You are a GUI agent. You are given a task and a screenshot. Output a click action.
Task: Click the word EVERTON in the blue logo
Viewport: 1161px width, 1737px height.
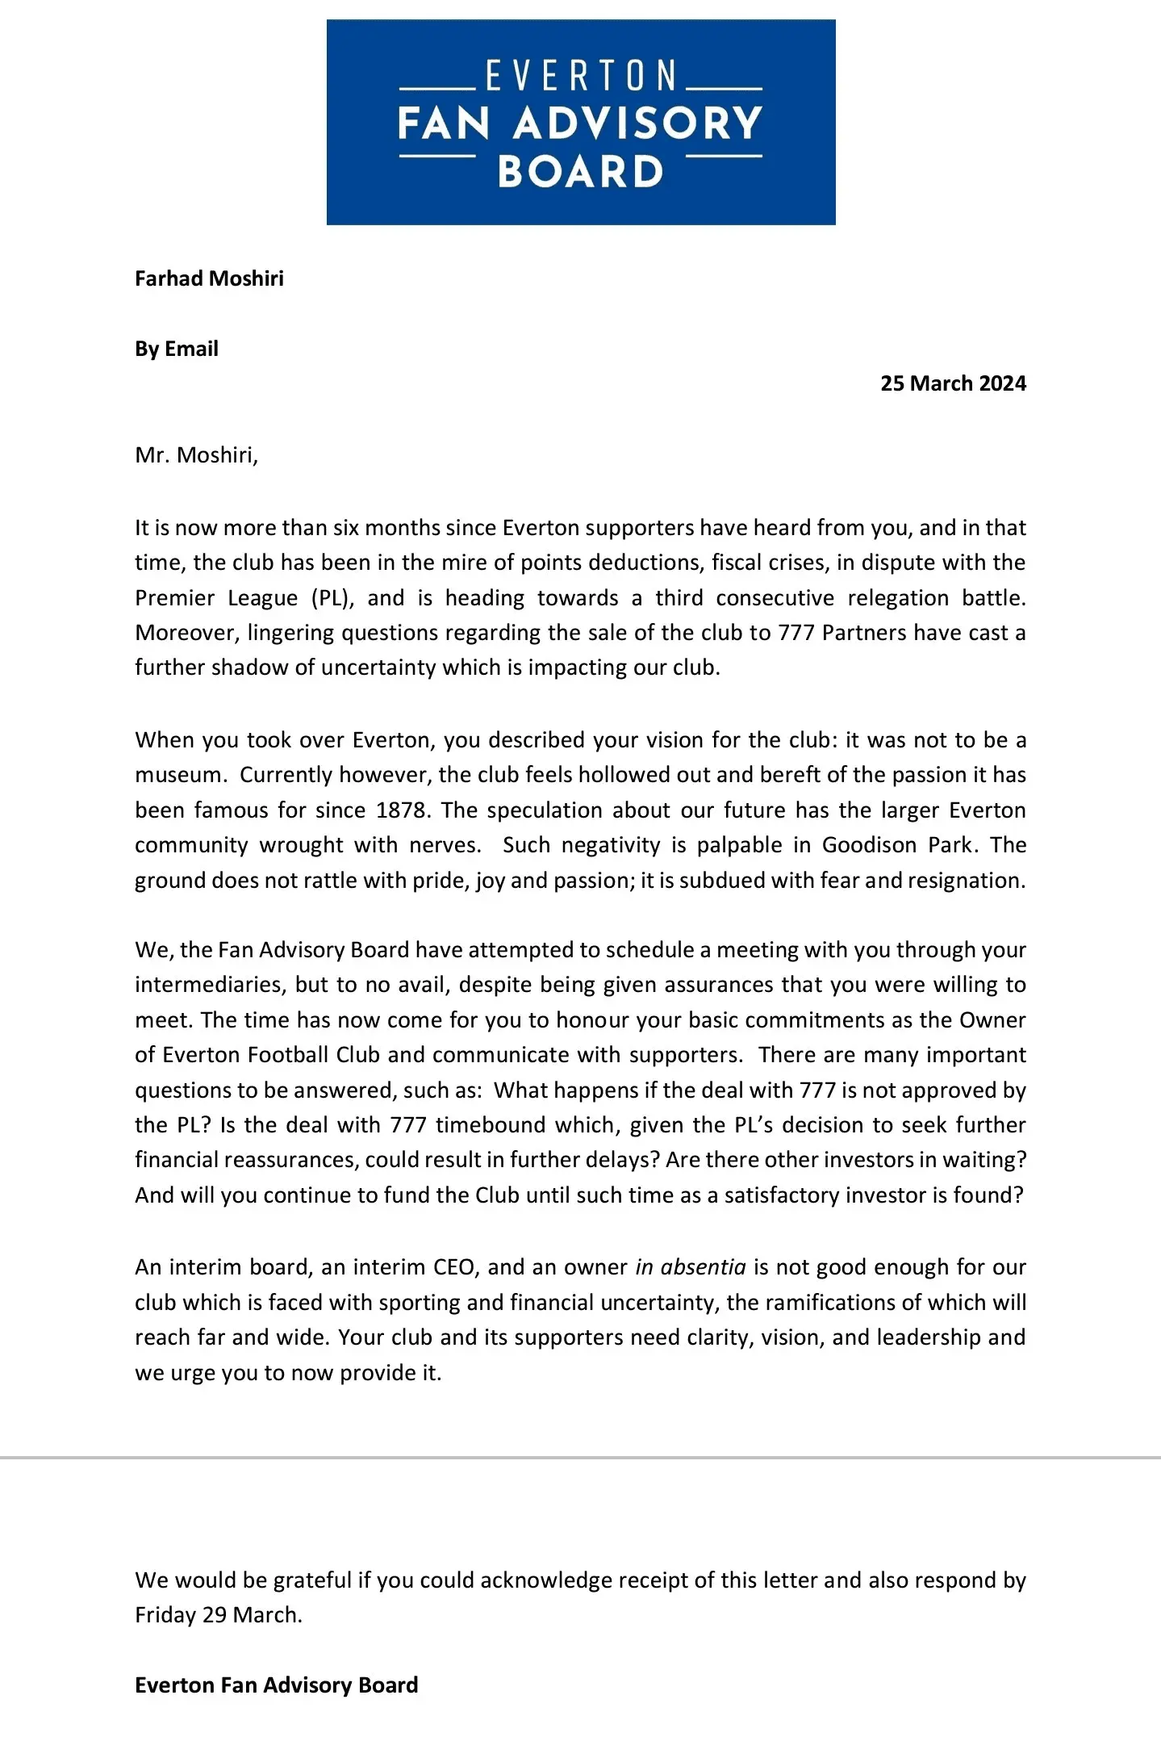click(x=581, y=76)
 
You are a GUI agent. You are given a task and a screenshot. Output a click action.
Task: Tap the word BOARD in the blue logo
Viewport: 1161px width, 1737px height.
click(x=581, y=172)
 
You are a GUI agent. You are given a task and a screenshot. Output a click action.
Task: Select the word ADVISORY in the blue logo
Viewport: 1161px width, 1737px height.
click(x=637, y=123)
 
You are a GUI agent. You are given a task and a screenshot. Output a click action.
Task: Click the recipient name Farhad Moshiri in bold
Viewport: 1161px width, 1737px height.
click(x=209, y=278)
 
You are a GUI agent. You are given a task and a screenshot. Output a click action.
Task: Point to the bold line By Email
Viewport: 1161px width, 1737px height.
click(x=177, y=349)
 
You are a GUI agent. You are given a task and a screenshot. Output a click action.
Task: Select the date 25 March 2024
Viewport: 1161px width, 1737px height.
click(x=953, y=383)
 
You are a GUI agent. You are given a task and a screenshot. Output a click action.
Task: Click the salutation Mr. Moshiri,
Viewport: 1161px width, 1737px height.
click(x=196, y=455)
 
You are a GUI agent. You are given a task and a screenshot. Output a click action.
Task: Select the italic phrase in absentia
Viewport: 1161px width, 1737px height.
click(x=690, y=1267)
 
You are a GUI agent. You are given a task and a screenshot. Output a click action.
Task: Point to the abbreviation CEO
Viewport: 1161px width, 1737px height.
click(x=454, y=1267)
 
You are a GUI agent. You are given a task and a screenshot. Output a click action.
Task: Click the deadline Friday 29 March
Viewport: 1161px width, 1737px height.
click(x=218, y=1615)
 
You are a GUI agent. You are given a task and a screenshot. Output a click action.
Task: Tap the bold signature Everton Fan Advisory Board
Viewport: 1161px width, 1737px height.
click(x=276, y=1685)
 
